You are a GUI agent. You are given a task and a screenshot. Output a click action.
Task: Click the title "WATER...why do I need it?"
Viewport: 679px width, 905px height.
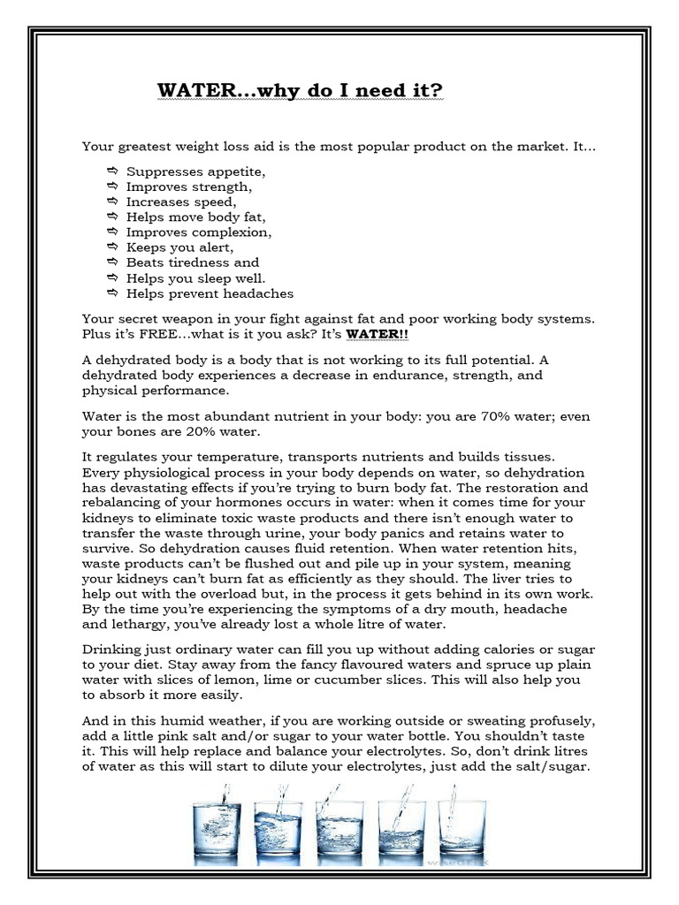click(300, 91)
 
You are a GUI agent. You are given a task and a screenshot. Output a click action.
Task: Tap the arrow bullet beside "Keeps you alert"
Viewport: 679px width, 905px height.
click(112, 247)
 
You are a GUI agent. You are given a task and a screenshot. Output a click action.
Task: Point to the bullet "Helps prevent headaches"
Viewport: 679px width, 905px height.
click(210, 293)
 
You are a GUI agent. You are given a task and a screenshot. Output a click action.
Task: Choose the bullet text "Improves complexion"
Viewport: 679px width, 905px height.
click(199, 232)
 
